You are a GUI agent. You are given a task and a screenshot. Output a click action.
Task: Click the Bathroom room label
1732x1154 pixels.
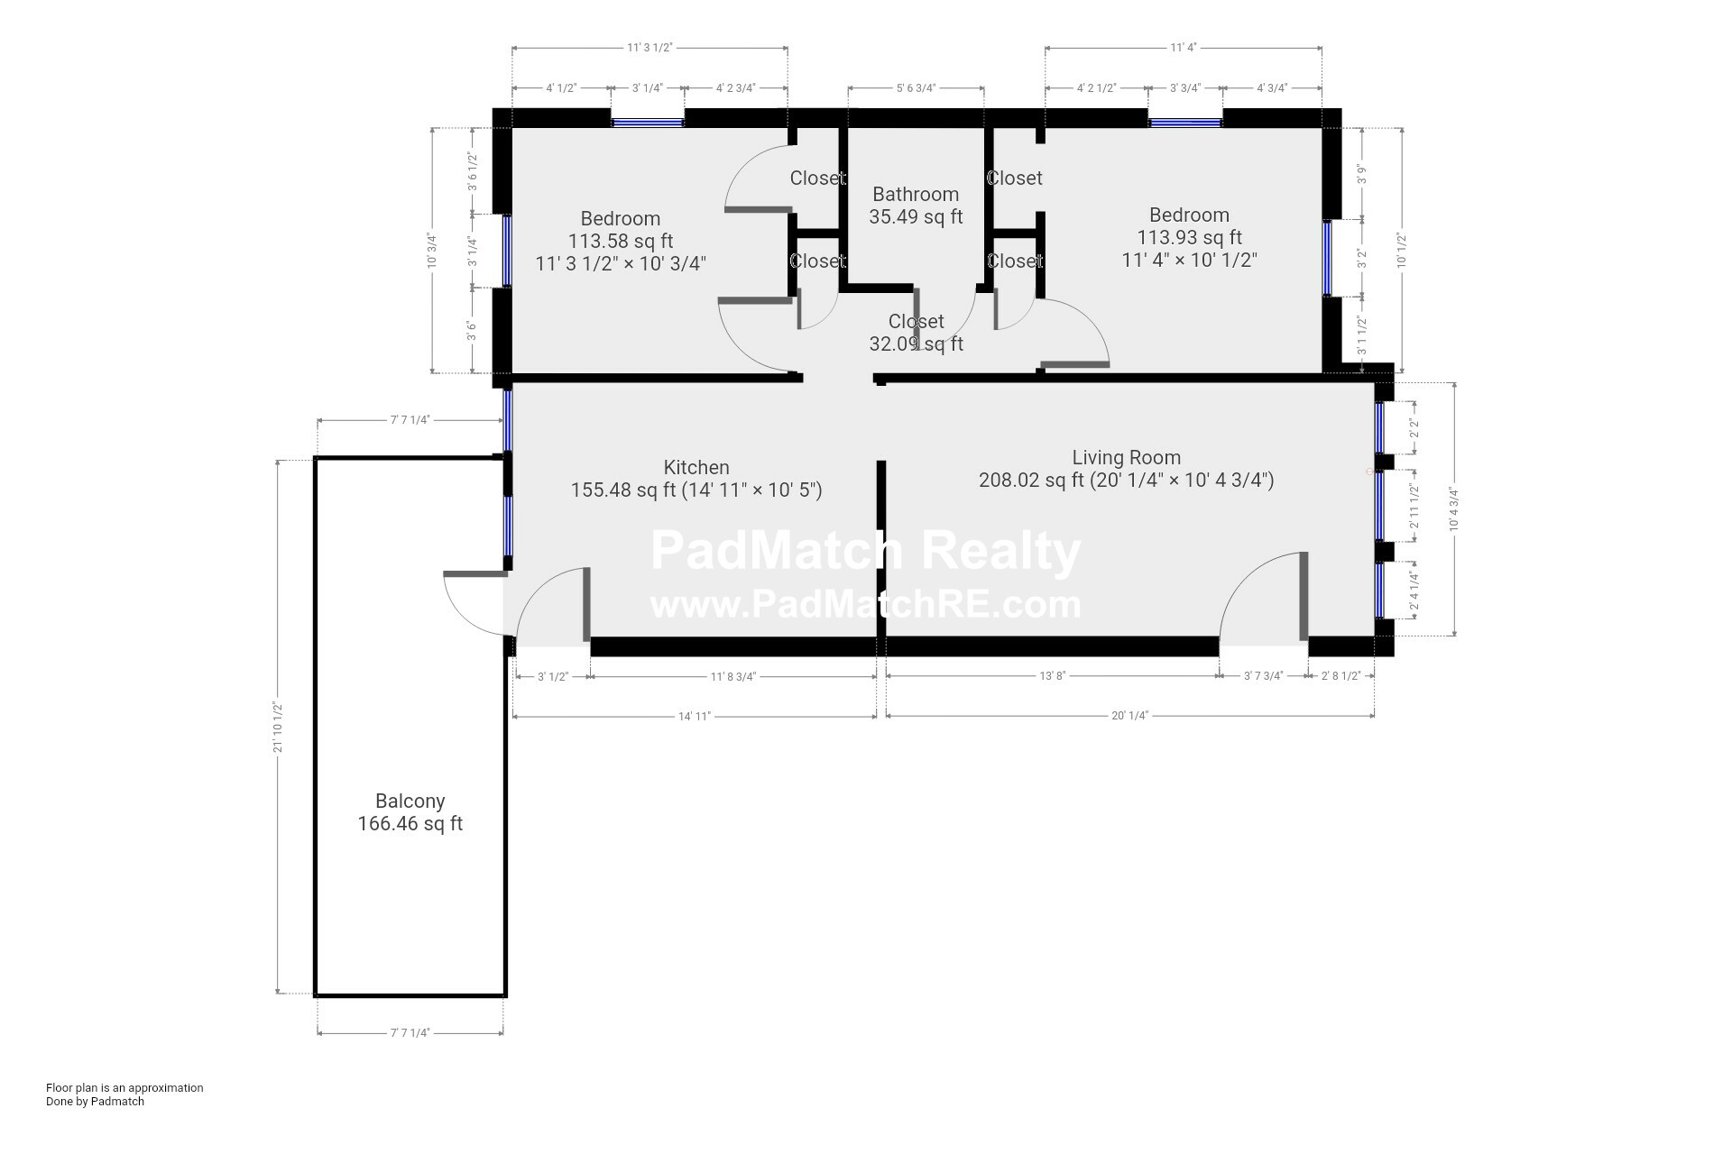point(916,195)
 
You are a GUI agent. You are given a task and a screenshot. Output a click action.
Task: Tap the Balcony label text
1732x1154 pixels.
point(410,801)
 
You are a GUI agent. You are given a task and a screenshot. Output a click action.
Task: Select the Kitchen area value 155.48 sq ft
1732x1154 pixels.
point(623,490)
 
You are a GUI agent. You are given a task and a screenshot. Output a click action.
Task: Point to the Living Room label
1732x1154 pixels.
point(1126,458)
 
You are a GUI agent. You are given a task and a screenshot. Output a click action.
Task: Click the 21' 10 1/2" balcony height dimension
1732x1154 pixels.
point(279,728)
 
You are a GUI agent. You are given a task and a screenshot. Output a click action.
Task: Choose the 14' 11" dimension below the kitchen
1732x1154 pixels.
point(695,717)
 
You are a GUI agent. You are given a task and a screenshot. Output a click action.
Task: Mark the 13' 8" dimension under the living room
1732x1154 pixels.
point(1053,676)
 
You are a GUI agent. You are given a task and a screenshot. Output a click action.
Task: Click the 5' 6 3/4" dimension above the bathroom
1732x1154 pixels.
point(916,88)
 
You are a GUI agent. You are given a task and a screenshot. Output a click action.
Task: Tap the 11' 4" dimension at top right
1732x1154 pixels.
point(1184,48)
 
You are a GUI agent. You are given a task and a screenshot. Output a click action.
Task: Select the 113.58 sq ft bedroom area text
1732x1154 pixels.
point(621,242)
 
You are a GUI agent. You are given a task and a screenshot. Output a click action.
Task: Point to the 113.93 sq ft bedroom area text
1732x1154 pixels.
point(1189,238)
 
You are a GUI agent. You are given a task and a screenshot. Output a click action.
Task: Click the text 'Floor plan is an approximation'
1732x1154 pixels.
point(124,1088)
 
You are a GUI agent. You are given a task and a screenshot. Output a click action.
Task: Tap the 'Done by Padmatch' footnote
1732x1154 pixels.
point(95,1102)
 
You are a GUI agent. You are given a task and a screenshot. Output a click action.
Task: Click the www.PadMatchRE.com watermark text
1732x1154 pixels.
point(865,605)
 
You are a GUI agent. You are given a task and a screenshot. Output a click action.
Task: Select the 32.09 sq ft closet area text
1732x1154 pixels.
point(916,344)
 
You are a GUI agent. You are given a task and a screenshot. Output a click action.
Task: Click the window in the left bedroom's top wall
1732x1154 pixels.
point(648,122)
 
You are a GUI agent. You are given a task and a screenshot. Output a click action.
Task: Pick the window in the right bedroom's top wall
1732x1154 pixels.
point(1185,122)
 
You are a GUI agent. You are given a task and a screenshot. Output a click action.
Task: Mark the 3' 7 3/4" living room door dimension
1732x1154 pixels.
point(1263,676)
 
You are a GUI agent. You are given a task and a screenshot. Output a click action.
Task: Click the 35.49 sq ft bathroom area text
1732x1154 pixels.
point(916,217)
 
